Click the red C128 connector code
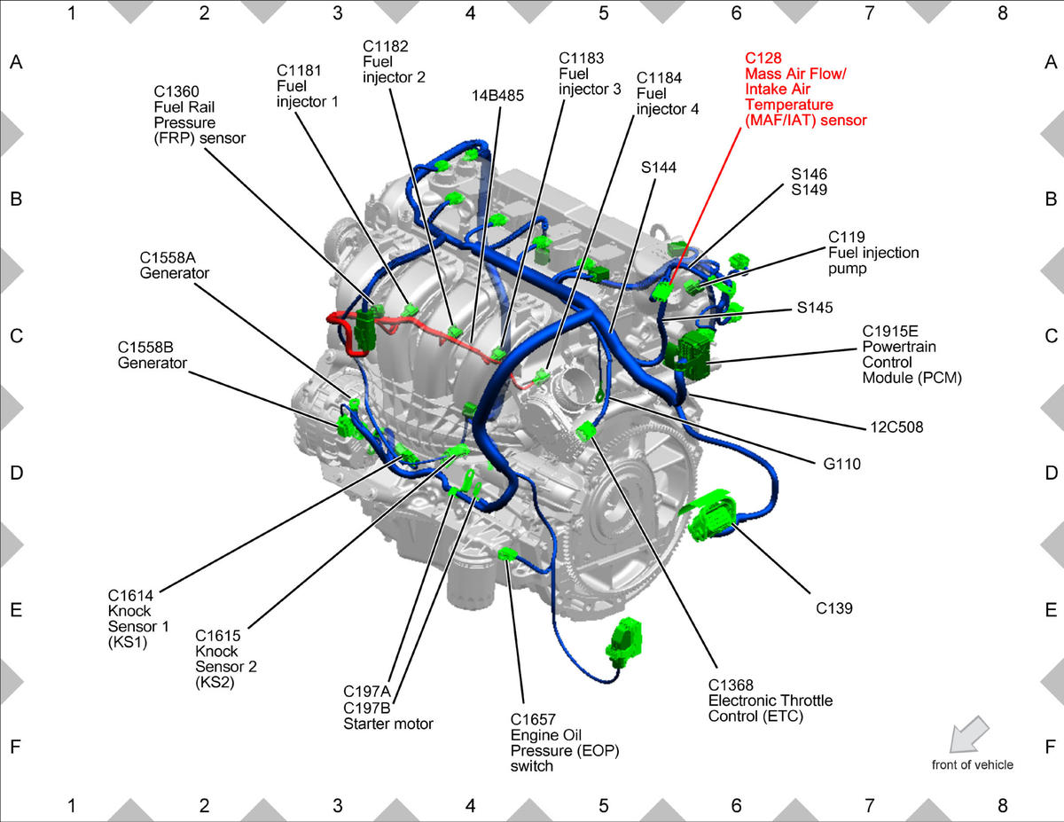pos(763,58)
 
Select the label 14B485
pos(497,96)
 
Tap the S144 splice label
pos(659,168)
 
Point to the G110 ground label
pos(841,464)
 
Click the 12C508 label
pos(896,427)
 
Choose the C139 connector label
pos(833,608)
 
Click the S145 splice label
pos(815,308)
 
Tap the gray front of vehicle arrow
pos(969,734)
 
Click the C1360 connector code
pos(176,91)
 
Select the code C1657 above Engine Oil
pos(533,719)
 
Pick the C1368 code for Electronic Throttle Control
pos(731,685)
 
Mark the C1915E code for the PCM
pos(889,331)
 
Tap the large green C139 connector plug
pos(710,516)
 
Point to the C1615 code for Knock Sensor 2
pos(218,636)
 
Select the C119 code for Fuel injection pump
pos(847,237)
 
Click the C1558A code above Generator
pos(168,257)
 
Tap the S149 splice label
pos(809,190)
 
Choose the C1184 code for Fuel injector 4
pos(659,78)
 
